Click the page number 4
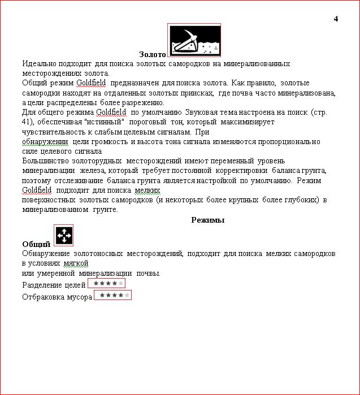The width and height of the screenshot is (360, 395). (x=336, y=19)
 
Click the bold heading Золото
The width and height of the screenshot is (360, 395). (x=152, y=55)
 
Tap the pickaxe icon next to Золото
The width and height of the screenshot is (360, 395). (x=194, y=41)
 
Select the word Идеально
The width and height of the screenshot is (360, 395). (x=39, y=64)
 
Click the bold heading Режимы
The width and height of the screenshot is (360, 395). (x=207, y=220)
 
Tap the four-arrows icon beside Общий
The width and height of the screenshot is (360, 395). (x=64, y=235)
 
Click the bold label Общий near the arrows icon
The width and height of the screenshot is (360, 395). (x=36, y=244)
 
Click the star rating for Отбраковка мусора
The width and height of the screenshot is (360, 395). (x=112, y=295)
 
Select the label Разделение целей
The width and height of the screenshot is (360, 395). (x=54, y=285)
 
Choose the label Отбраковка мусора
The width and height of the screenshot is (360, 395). (x=57, y=297)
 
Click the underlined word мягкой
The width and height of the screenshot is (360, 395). (x=76, y=263)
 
